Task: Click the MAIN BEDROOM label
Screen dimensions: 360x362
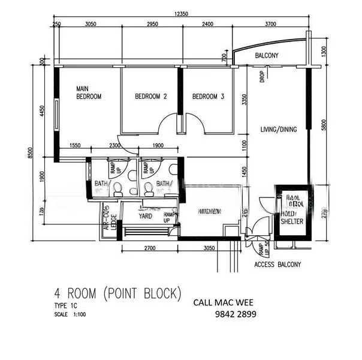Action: tap(88, 92)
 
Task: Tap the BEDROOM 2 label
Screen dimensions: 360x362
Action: tap(150, 96)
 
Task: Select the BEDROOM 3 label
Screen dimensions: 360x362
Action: tap(208, 96)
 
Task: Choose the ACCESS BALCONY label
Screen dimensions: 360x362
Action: tap(277, 265)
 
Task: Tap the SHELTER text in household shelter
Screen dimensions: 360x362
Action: tap(292, 221)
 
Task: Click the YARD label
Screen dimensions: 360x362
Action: tap(145, 215)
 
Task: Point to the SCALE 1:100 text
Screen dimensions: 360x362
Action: tap(71, 314)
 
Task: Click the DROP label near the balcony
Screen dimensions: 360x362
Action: tap(263, 77)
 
